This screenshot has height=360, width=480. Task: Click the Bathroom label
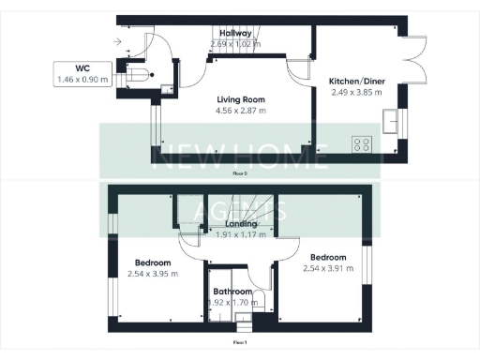tap(232, 292)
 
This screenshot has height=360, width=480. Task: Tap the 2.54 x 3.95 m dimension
tap(152, 274)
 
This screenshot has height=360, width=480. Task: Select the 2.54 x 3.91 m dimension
tap(328, 269)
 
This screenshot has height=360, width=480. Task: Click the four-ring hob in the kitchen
tap(362, 145)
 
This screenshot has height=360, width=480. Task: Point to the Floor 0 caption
tap(240, 173)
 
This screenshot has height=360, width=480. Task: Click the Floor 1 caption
tap(240, 342)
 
